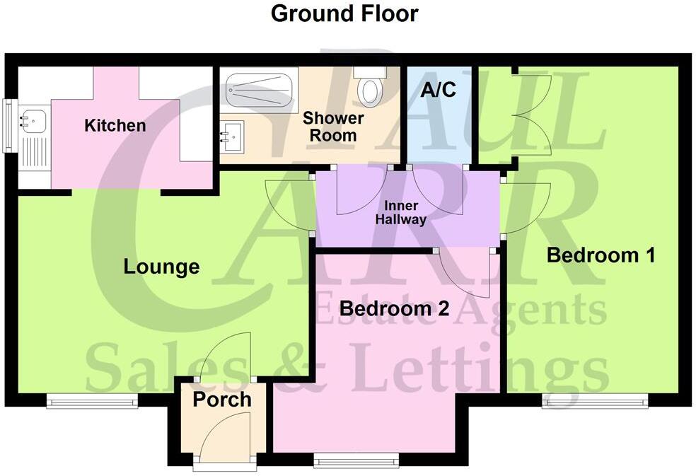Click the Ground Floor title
pos(344,13)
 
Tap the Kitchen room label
pos(115,126)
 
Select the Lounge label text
pos(161,267)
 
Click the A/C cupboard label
pos(438,90)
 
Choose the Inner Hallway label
pos(405,212)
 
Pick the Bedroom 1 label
pos(601,255)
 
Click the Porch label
pos(222,399)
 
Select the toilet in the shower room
pos(369,88)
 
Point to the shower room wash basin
pos(233,132)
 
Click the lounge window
pos(93,401)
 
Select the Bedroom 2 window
pos(356,459)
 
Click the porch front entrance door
pos(225,439)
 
